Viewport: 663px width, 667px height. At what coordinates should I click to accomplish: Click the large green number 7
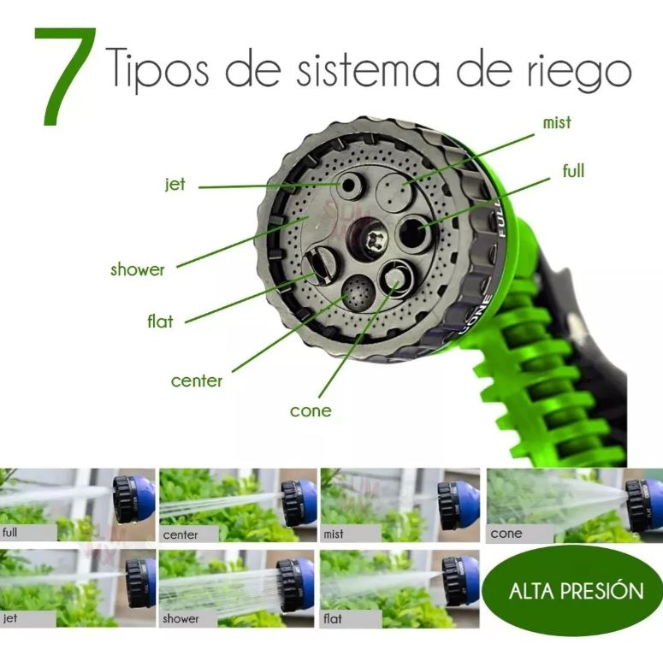click(65, 77)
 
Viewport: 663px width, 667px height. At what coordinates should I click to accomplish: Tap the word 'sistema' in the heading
click(360, 70)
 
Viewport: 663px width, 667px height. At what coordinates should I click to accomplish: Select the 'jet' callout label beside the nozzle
click(175, 184)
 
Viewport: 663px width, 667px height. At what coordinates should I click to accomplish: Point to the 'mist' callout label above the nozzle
click(556, 122)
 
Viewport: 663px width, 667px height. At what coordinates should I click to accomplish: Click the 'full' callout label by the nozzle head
click(573, 171)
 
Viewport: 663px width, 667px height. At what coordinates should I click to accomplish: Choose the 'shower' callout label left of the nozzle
click(137, 269)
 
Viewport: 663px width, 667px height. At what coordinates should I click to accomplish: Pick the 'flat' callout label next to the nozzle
click(159, 322)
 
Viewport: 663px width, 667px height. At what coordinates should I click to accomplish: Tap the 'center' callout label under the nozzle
click(197, 381)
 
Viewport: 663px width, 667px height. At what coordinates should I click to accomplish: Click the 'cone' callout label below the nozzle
click(311, 411)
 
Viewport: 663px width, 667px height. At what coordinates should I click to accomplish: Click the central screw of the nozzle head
click(370, 240)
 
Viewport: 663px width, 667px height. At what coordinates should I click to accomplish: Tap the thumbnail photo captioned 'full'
click(77, 505)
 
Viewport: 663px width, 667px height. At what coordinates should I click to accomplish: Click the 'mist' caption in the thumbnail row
click(334, 534)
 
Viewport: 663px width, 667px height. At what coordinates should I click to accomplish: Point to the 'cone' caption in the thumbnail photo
click(506, 534)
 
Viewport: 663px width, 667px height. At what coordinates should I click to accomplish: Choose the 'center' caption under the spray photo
click(180, 534)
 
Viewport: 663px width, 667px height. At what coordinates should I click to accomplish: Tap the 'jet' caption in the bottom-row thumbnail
click(10, 617)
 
